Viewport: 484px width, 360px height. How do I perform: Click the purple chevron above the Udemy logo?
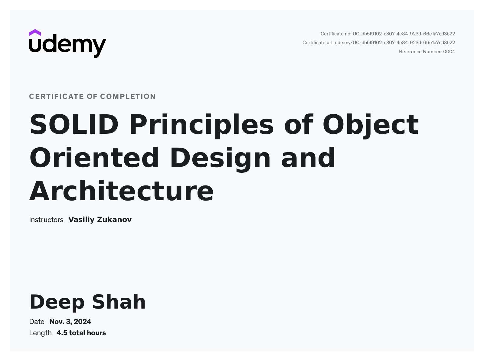pyautogui.click(x=35, y=33)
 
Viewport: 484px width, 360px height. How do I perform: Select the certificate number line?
pyautogui.click(x=388, y=34)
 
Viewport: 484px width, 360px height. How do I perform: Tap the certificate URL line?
pyautogui.click(x=379, y=43)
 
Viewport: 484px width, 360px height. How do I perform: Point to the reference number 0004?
pyautogui.click(x=449, y=51)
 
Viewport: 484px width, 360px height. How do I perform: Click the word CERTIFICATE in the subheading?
pyautogui.click(x=57, y=96)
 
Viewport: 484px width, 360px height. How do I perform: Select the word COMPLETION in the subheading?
pyautogui.click(x=128, y=96)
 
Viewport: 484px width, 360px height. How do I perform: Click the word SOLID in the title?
pyautogui.click(x=74, y=124)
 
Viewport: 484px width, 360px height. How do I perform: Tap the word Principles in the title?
pyautogui.click(x=201, y=126)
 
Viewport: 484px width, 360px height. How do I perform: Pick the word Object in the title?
pyautogui.click(x=371, y=126)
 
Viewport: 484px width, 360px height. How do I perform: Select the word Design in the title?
pyautogui.click(x=220, y=159)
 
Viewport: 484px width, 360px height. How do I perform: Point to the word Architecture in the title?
pyautogui.click(x=121, y=191)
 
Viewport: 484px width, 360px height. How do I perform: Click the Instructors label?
pyautogui.click(x=46, y=220)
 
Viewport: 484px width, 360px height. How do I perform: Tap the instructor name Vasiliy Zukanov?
pyautogui.click(x=100, y=220)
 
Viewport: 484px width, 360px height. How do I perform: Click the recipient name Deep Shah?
pyautogui.click(x=87, y=303)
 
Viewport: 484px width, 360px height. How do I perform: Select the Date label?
pyautogui.click(x=37, y=322)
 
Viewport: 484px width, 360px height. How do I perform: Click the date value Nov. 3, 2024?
pyautogui.click(x=70, y=322)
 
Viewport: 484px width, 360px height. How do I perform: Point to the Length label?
pyautogui.click(x=40, y=333)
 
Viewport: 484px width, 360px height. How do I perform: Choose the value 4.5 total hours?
pyautogui.click(x=81, y=333)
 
